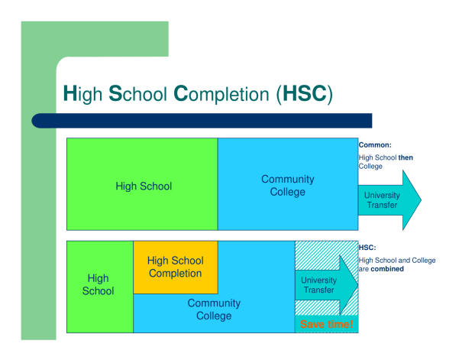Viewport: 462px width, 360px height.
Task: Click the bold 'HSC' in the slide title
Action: point(305,93)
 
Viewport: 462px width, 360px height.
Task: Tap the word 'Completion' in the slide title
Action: point(221,94)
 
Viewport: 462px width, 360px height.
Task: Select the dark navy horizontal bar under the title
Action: point(202,121)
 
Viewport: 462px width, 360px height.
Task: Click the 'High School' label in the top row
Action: point(144,186)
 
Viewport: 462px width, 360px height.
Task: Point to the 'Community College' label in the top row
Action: point(288,186)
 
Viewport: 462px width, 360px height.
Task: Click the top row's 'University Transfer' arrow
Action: point(389,200)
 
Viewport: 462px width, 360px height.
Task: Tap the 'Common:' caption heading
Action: point(375,145)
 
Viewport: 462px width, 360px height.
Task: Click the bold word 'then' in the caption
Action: point(405,157)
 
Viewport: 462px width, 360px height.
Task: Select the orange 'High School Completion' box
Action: point(176,268)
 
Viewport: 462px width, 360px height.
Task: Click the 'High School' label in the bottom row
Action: point(98,284)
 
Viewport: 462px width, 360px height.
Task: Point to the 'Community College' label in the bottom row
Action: point(214,310)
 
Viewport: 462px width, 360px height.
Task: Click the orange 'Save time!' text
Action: point(327,324)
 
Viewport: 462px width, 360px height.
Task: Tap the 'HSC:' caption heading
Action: point(367,248)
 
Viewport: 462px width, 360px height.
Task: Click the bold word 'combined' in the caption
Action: point(387,269)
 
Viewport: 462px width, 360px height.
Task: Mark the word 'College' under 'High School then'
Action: point(370,167)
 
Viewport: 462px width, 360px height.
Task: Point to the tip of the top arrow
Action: point(421,200)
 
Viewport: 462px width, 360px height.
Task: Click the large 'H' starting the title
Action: point(69,93)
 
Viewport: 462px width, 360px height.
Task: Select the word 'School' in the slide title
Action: point(137,93)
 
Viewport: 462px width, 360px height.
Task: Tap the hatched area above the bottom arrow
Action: point(318,255)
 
